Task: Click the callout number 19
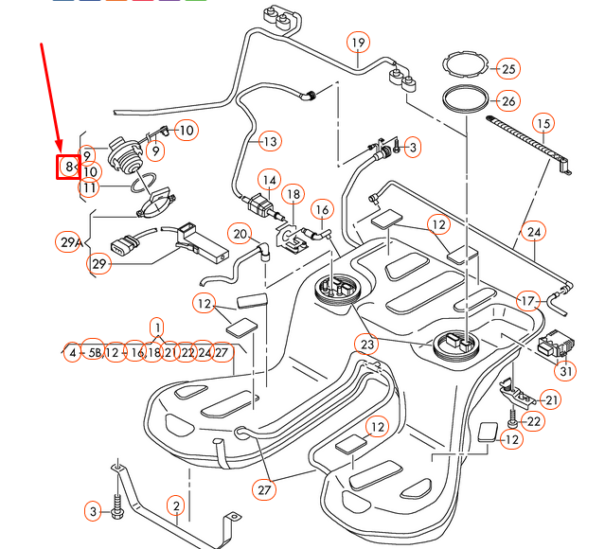tap(357, 43)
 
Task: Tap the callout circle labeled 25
tap(508, 69)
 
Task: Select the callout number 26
tap(508, 101)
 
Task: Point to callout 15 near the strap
tap(542, 123)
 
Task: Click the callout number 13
tap(270, 142)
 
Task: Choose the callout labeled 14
tap(270, 179)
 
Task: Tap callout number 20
tap(240, 234)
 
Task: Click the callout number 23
tap(366, 343)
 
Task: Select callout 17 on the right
tap(527, 301)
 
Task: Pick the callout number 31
tap(565, 371)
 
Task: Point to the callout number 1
tap(156, 325)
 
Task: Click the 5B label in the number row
tap(93, 352)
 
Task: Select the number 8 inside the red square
tap(69, 167)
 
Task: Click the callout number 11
tap(89, 187)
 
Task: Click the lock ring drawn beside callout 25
tap(470, 65)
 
